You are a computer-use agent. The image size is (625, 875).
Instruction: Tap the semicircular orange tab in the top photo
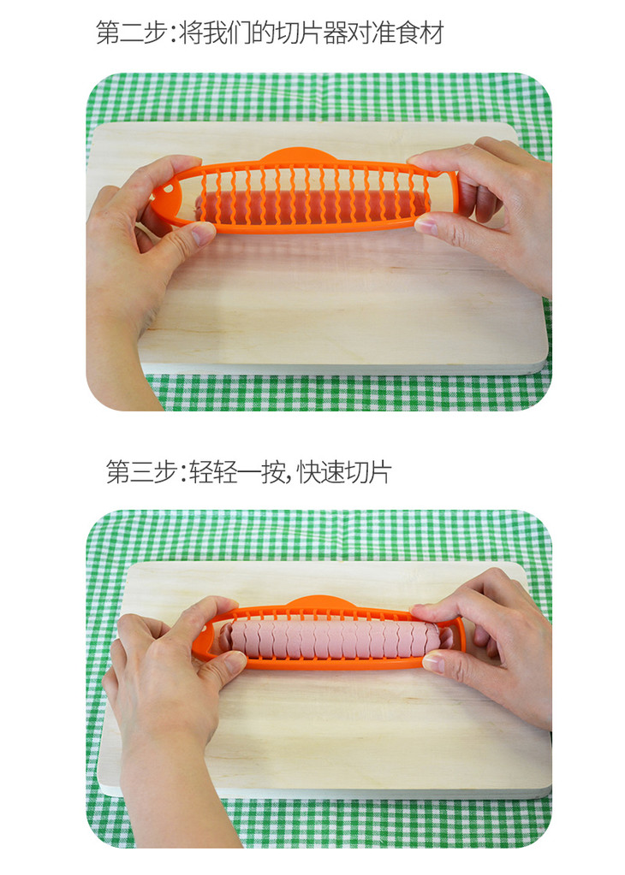point(296,155)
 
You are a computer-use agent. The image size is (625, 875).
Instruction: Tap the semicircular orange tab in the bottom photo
point(323,603)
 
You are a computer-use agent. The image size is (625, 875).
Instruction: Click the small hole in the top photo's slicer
point(167,189)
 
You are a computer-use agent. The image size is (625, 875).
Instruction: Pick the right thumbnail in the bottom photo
point(434,663)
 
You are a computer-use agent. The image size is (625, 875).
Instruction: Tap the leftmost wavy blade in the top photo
point(203,196)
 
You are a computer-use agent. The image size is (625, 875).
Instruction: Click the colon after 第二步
point(174,33)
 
